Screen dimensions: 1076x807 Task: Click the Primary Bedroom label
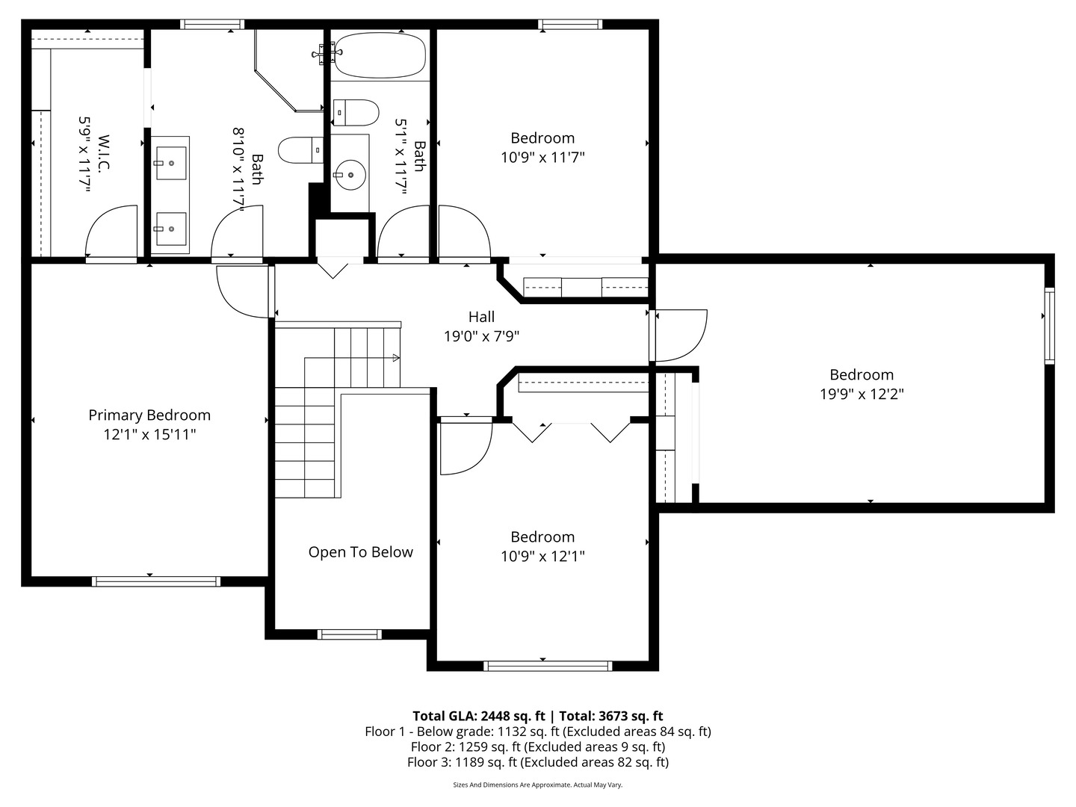click(149, 415)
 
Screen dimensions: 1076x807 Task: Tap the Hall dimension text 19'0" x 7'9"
click(481, 336)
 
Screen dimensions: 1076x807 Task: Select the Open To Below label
click(361, 552)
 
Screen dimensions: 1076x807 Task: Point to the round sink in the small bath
click(350, 175)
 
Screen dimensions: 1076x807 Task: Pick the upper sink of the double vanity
click(170, 163)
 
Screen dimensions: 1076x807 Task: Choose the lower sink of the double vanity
click(170, 229)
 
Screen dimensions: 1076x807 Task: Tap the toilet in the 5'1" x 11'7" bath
click(356, 113)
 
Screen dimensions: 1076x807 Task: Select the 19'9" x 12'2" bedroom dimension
click(862, 394)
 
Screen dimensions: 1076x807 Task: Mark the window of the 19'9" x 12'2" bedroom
click(1050, 326)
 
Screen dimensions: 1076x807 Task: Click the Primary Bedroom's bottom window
click(156, 581)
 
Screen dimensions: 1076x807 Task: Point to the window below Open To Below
click(350, 634)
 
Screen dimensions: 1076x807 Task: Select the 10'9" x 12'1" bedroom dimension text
click(542, 557)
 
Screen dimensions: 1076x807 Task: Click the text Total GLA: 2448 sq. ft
click(478, 717)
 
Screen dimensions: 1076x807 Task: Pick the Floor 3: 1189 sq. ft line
click(538, 762)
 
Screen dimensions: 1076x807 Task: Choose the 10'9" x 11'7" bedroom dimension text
click(542, 158)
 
